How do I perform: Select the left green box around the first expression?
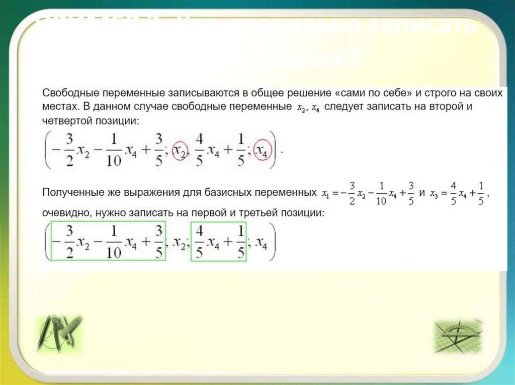(x=108, y=241)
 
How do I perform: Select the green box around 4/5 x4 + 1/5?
(x=218, y=241)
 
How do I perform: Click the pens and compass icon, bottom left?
(x=59, y=333)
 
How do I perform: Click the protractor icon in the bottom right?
(x=457, y=335)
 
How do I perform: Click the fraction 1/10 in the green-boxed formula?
(x=114, y=241)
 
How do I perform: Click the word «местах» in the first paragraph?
(x=57, y=107)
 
